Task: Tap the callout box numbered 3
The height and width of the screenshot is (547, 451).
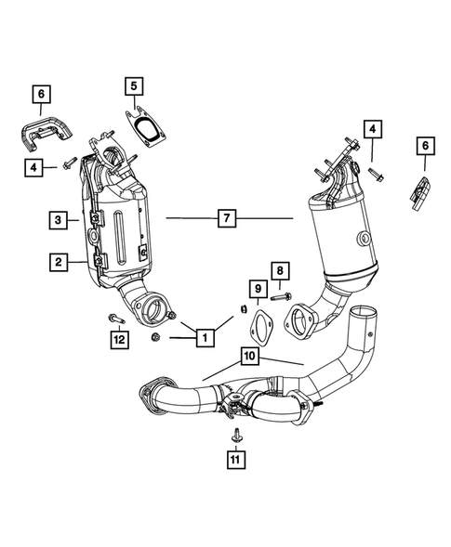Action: [59, 220]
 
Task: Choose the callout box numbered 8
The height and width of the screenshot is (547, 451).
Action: [278, 271]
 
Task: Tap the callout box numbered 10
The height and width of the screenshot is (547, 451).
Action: [250, 355]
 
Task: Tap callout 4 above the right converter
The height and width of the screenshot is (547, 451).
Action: [373, 129]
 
